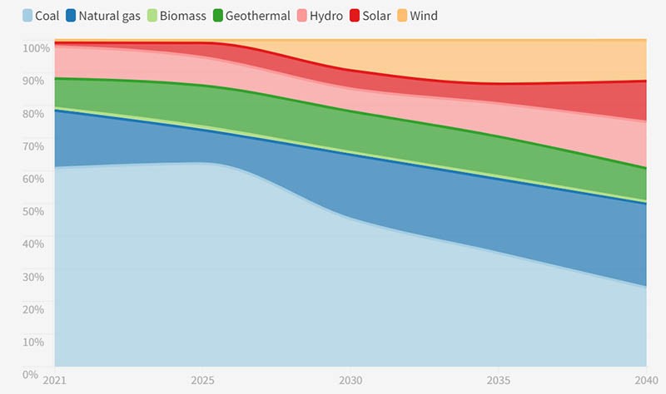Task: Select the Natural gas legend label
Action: pos(109,16)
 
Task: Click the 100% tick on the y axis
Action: pos(35,48)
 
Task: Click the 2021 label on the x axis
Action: pos(55,380)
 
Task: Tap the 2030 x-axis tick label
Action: pos(350,380)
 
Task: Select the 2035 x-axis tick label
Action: pos(497,380)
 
